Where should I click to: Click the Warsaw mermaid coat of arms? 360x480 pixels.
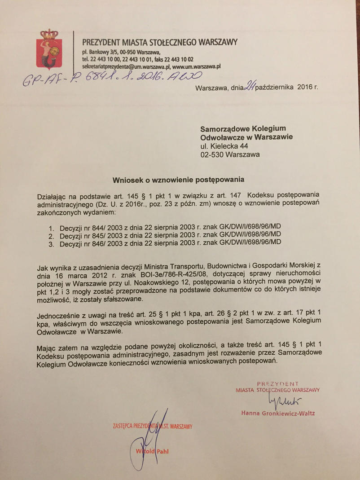[48, 48]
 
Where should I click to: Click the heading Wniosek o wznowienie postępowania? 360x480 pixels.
[178, 180]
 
